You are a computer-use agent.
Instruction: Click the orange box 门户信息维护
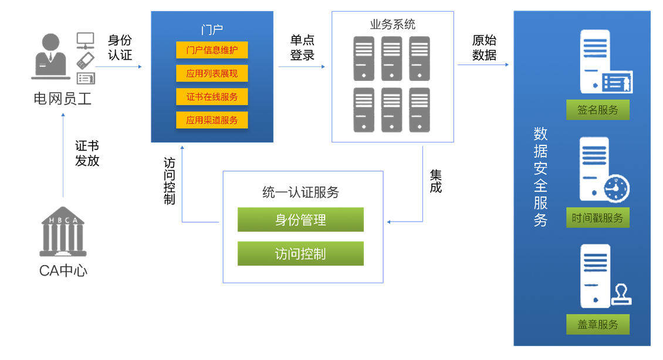(212, 50)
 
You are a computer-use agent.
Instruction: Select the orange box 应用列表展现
(212, 73)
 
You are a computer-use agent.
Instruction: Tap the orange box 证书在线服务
(212, 97)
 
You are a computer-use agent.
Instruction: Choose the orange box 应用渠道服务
(212, 120)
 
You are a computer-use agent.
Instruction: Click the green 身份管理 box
(300, 220)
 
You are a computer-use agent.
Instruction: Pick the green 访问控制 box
(300, 254)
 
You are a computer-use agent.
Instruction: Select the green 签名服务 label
(597, 110)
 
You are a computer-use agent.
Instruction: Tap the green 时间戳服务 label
(597, 218)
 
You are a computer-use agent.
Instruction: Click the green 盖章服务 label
(597, 324)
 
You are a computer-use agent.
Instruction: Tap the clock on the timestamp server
(616, 188)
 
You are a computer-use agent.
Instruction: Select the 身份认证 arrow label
(120, 47)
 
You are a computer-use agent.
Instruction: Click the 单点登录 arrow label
(302, 47)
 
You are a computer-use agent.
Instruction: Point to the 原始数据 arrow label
(484, 47)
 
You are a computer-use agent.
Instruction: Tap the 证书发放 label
(87, 153)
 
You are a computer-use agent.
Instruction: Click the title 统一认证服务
(300, 192)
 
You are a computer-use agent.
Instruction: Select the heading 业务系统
(393, 24)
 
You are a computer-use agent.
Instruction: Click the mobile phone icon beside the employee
(85, 60)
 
